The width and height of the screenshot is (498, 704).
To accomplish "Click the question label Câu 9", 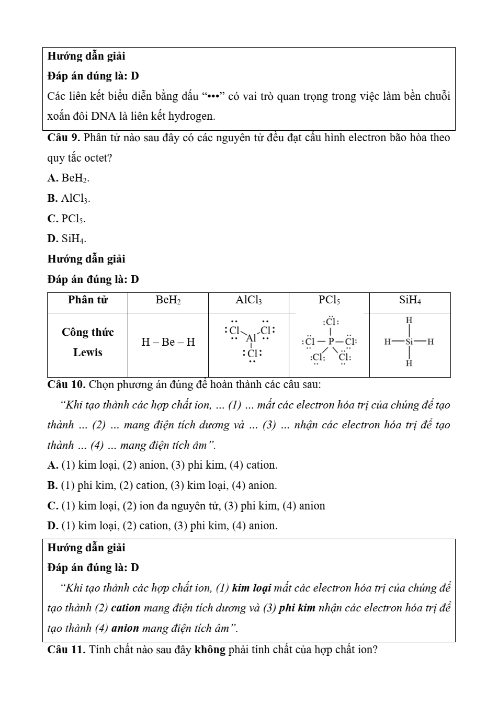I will coord(63,138).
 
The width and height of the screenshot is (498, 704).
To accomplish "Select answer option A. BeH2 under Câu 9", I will coord(68,178).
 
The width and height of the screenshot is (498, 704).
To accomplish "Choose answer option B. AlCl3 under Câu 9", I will coord(69,199).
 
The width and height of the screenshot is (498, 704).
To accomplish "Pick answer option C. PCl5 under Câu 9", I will coord(66,219).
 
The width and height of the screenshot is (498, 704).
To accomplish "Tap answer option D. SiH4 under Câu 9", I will coord(67,239).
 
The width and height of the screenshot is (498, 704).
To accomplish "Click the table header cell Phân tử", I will coord(88,300).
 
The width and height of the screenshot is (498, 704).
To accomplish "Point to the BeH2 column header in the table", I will coord(168,300).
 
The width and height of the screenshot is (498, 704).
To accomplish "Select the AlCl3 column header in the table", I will coord(248,300).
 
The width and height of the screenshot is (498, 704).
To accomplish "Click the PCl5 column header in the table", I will coord(329,300).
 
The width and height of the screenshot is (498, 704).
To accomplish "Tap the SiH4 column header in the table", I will coord(410,300).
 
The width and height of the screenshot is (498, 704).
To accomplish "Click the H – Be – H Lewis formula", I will coord(168,342).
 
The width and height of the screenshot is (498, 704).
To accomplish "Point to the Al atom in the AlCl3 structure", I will coord(252,338).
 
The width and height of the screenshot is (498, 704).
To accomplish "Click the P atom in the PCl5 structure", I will coord(331,342).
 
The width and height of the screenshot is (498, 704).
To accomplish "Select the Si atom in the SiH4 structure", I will coord(409,342).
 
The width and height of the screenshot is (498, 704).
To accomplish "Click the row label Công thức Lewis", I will coord(88,342).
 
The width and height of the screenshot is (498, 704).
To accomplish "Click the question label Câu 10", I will coord(66,385).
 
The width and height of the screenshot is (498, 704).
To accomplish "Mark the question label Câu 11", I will coord(66,650).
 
